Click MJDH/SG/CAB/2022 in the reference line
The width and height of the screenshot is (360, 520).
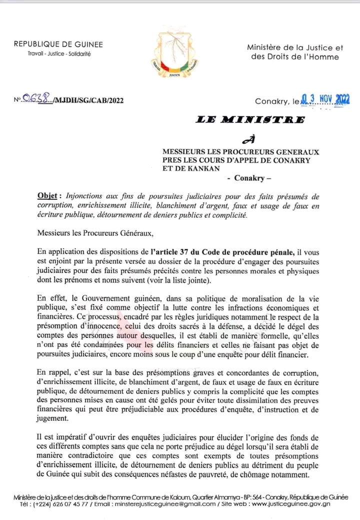click(91, 100)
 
